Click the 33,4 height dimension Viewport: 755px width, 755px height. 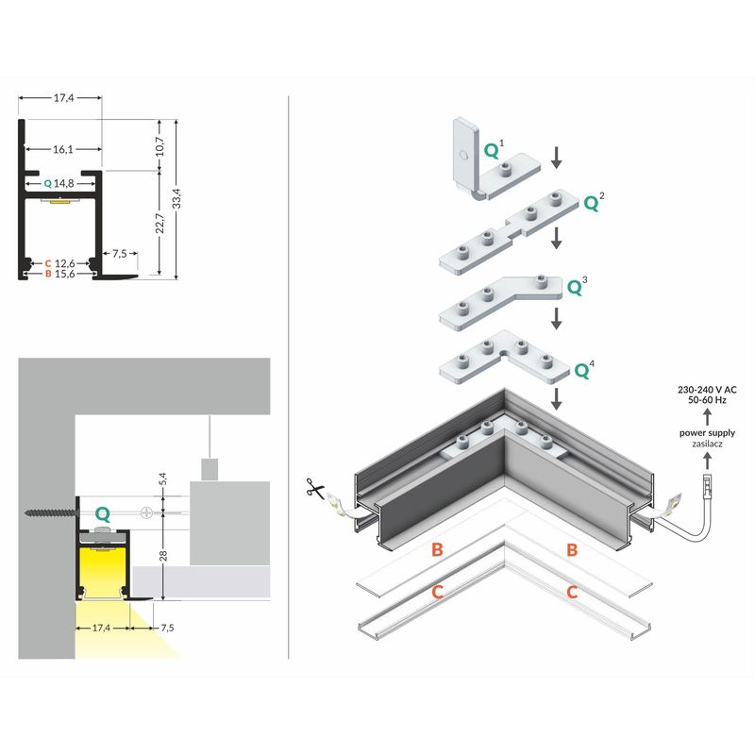(x=176, y=199)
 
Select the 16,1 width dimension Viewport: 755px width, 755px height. (x=63, y=149)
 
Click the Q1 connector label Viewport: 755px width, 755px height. (x=494, y=148)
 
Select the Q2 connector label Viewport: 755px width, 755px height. (x=594, y=202)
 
